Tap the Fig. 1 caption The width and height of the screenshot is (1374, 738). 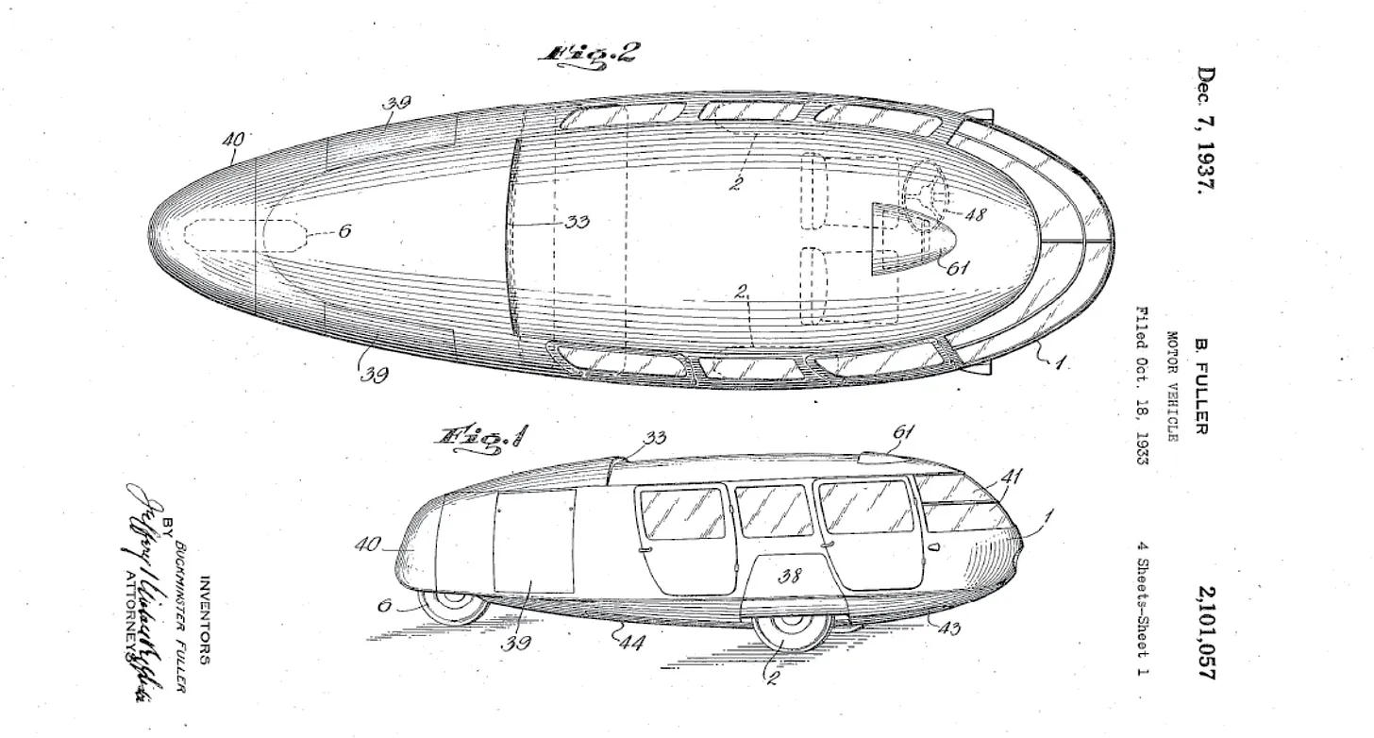point(480,437)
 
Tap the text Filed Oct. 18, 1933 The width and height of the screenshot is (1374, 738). point(1141,387)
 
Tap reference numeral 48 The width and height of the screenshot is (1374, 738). point(975,214)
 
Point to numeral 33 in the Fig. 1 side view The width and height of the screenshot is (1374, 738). point(654,438)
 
